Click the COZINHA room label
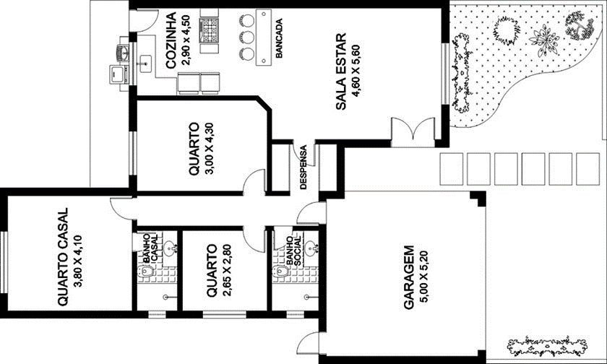click(171, 40)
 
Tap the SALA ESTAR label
click(341, 72)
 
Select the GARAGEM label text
click(409, 277)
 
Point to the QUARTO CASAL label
click(63, 257)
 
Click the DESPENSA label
click(303, 167)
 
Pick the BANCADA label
click(279, 38)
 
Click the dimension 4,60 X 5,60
click(356, 72)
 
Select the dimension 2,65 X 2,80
click(227, 270)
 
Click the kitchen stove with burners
click(209, 30)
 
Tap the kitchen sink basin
click(145, 64)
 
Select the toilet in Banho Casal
click(145, 270)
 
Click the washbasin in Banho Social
click(311, 248)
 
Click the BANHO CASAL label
click(150, 248)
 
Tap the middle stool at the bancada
click(246, 36)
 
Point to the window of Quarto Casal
click(4, 262)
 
